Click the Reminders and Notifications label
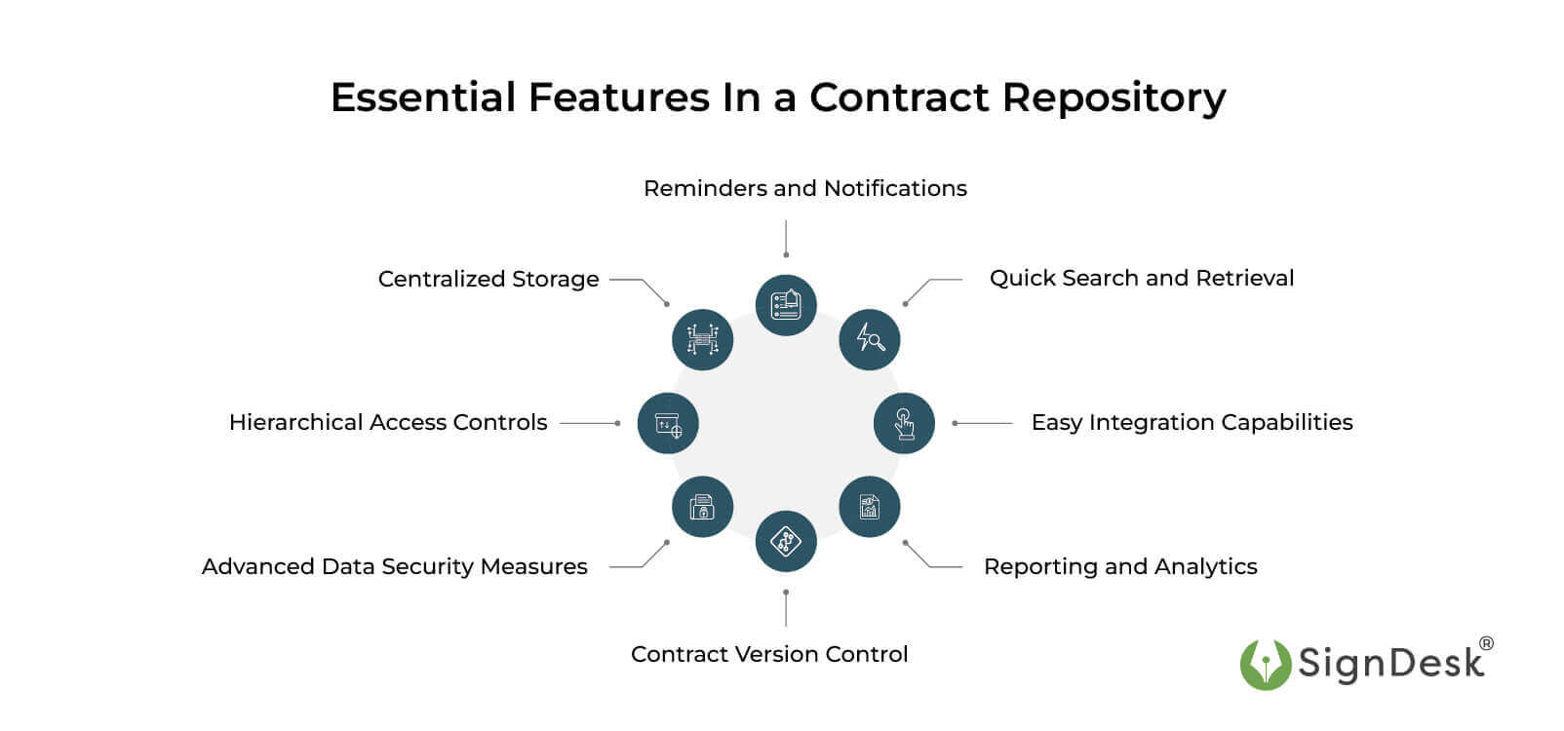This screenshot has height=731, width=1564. tap(804, 188)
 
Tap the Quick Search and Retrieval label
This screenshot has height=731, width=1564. tap(1141, 278)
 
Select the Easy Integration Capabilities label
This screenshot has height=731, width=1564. tap(1192, 422)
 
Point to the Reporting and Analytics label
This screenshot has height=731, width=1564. tap(1119, 566)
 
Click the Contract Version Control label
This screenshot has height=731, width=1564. tap(768, 654)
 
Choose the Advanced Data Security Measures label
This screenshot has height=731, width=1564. tap(394, 566)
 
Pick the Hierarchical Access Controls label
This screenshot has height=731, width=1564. tap(387, 422)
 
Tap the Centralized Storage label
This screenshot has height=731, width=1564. tap(488, 279)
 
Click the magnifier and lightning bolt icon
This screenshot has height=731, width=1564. tap(869, 339)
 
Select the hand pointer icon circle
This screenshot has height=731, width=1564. tap(904, 423)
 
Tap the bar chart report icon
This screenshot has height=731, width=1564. tap(869, 507)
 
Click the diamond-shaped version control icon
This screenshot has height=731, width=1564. tap(785, 541)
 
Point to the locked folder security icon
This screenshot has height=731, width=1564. tap(702, 507)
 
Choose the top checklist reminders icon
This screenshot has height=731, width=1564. tap(785, 305)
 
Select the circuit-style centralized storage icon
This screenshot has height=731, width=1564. tap(702, 339)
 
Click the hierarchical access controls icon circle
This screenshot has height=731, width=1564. tap(668, 423)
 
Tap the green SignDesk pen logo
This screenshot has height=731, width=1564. tap(1265, 665)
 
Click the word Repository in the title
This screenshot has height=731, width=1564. tap(1114, 98)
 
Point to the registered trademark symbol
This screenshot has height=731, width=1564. tap(1486, 644)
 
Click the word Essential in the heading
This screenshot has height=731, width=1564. tap(423, 97)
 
